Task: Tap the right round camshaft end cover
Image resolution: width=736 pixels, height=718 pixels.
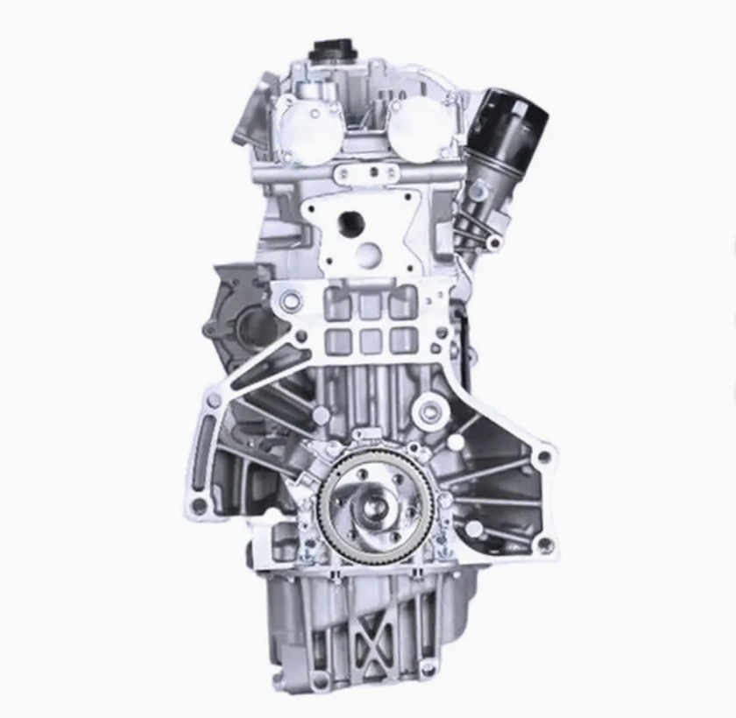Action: pyautogui.click(x=419, y=130)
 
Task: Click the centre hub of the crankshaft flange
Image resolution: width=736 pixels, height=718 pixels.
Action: pyautogui.click(x=375, y=507)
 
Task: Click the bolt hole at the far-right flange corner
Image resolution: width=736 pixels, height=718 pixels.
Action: pyautogui.click(x=544, y=456)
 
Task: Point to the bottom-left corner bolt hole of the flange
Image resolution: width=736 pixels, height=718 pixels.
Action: pyautogui.click(x=200, y=505)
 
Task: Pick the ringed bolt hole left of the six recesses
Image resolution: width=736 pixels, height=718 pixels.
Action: pyautogui.click(x=291, y=302)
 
